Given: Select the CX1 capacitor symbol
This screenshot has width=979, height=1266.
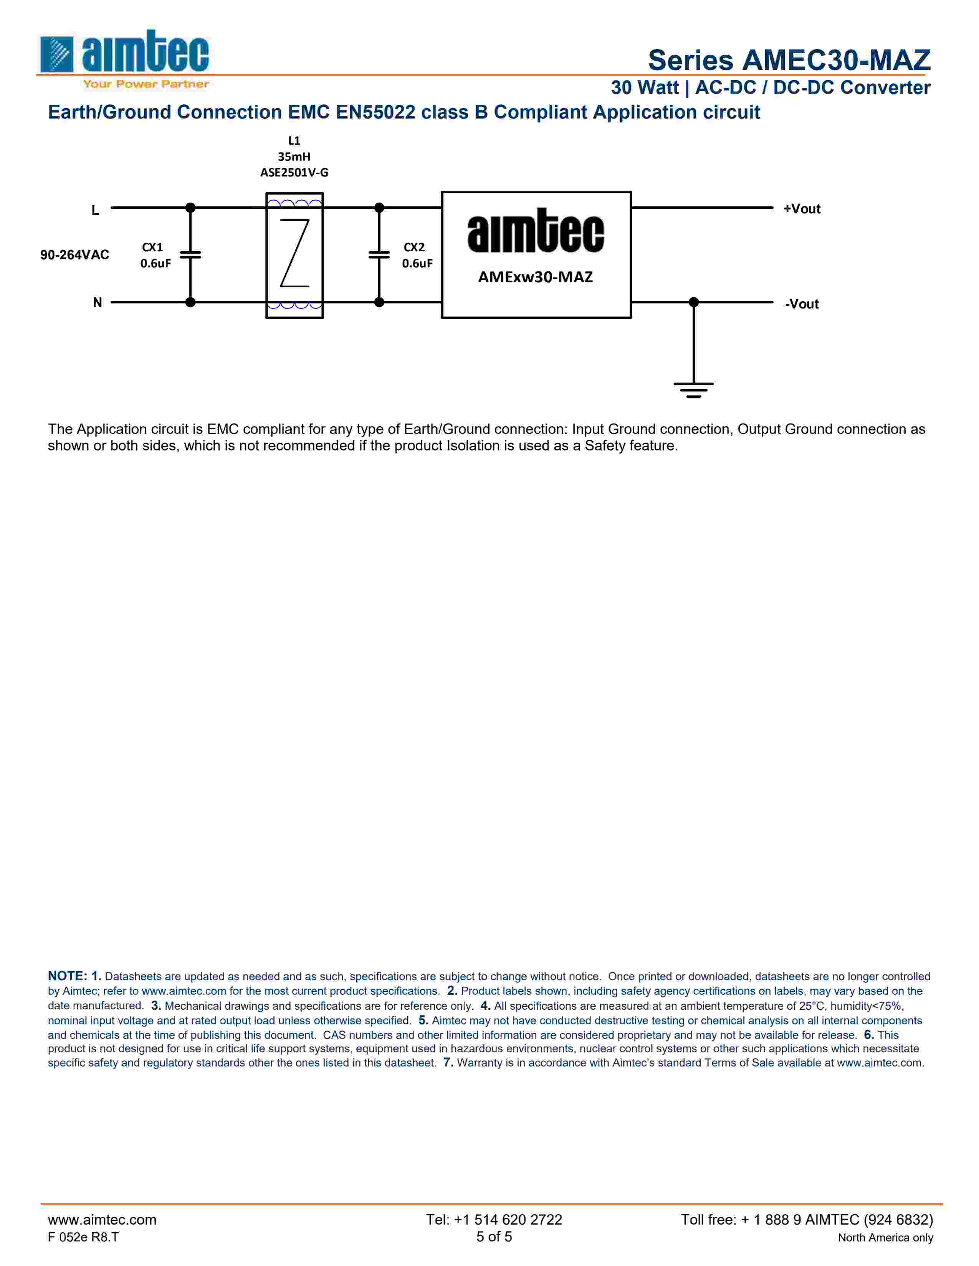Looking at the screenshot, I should tap(190, 254).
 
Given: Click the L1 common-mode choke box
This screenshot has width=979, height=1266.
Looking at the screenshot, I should tap(294, 255).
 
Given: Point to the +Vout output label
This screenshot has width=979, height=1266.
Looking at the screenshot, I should tap(802, 209).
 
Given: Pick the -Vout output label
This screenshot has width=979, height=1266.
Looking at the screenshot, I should tap(802, 304).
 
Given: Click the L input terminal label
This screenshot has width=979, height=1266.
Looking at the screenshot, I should tap(95, 210).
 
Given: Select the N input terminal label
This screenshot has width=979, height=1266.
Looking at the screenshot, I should tap(98, 303).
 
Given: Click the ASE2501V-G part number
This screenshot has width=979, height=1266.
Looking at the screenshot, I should tap(294, 173).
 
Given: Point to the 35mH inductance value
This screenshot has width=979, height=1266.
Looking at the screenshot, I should tap(294, 157).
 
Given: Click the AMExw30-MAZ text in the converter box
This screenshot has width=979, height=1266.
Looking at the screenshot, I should tap(535, 277).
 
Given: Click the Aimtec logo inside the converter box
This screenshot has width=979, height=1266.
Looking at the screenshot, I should tap(535, 231).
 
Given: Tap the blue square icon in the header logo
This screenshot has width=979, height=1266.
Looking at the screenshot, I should tap(57, 54).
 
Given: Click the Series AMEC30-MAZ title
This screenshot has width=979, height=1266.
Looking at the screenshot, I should tap(789, 60).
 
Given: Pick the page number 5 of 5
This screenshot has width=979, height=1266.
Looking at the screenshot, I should tap(494, 1236).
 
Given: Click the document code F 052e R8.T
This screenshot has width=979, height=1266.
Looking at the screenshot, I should tap(83, 1237).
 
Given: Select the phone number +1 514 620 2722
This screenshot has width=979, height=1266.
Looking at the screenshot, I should tap(494, 1220).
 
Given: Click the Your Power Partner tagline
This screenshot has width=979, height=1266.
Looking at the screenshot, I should tap(146, 84).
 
